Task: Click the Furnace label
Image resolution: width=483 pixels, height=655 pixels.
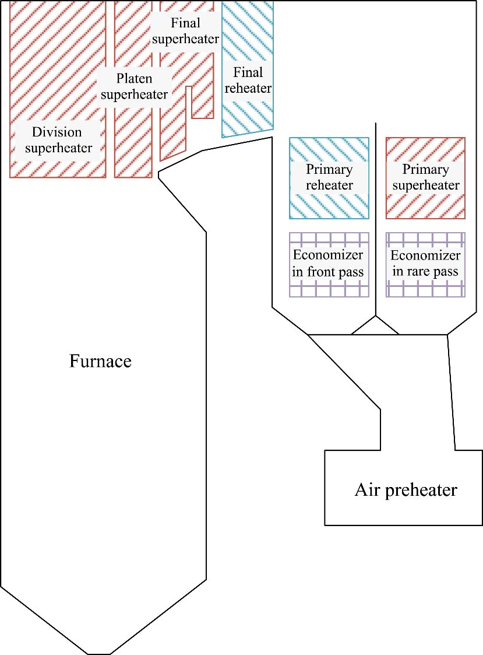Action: point(100,361)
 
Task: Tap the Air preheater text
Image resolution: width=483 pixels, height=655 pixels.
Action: point(406,490)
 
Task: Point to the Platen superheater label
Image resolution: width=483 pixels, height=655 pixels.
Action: point(135,86)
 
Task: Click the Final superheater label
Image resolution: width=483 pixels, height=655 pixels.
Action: point(185,31)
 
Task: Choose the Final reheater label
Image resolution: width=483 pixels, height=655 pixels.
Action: point(248,80)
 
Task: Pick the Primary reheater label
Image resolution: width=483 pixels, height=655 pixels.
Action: point(329,177)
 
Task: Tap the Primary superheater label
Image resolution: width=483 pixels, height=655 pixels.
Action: point(426,177)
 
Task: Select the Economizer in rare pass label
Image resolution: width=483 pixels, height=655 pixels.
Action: point(425,264)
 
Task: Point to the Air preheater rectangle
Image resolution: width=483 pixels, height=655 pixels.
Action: point(350,507)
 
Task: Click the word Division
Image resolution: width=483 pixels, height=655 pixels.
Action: point(58,132)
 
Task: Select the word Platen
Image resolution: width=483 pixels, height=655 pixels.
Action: point(135,78)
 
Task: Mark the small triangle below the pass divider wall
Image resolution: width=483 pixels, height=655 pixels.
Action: point(375,328)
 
